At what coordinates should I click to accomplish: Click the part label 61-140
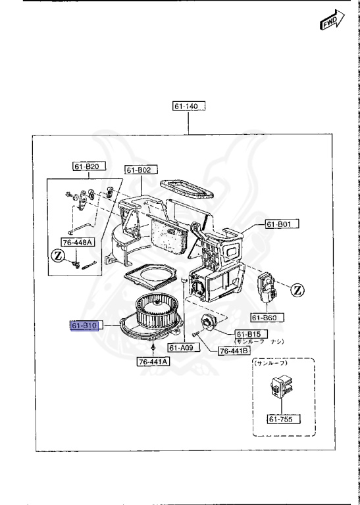pyautogui.click(x=190, y=107)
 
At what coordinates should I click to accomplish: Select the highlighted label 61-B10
pyautogui.click(x=84, y=325)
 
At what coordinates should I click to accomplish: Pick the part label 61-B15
pyautogui.click(x=247, y=334)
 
